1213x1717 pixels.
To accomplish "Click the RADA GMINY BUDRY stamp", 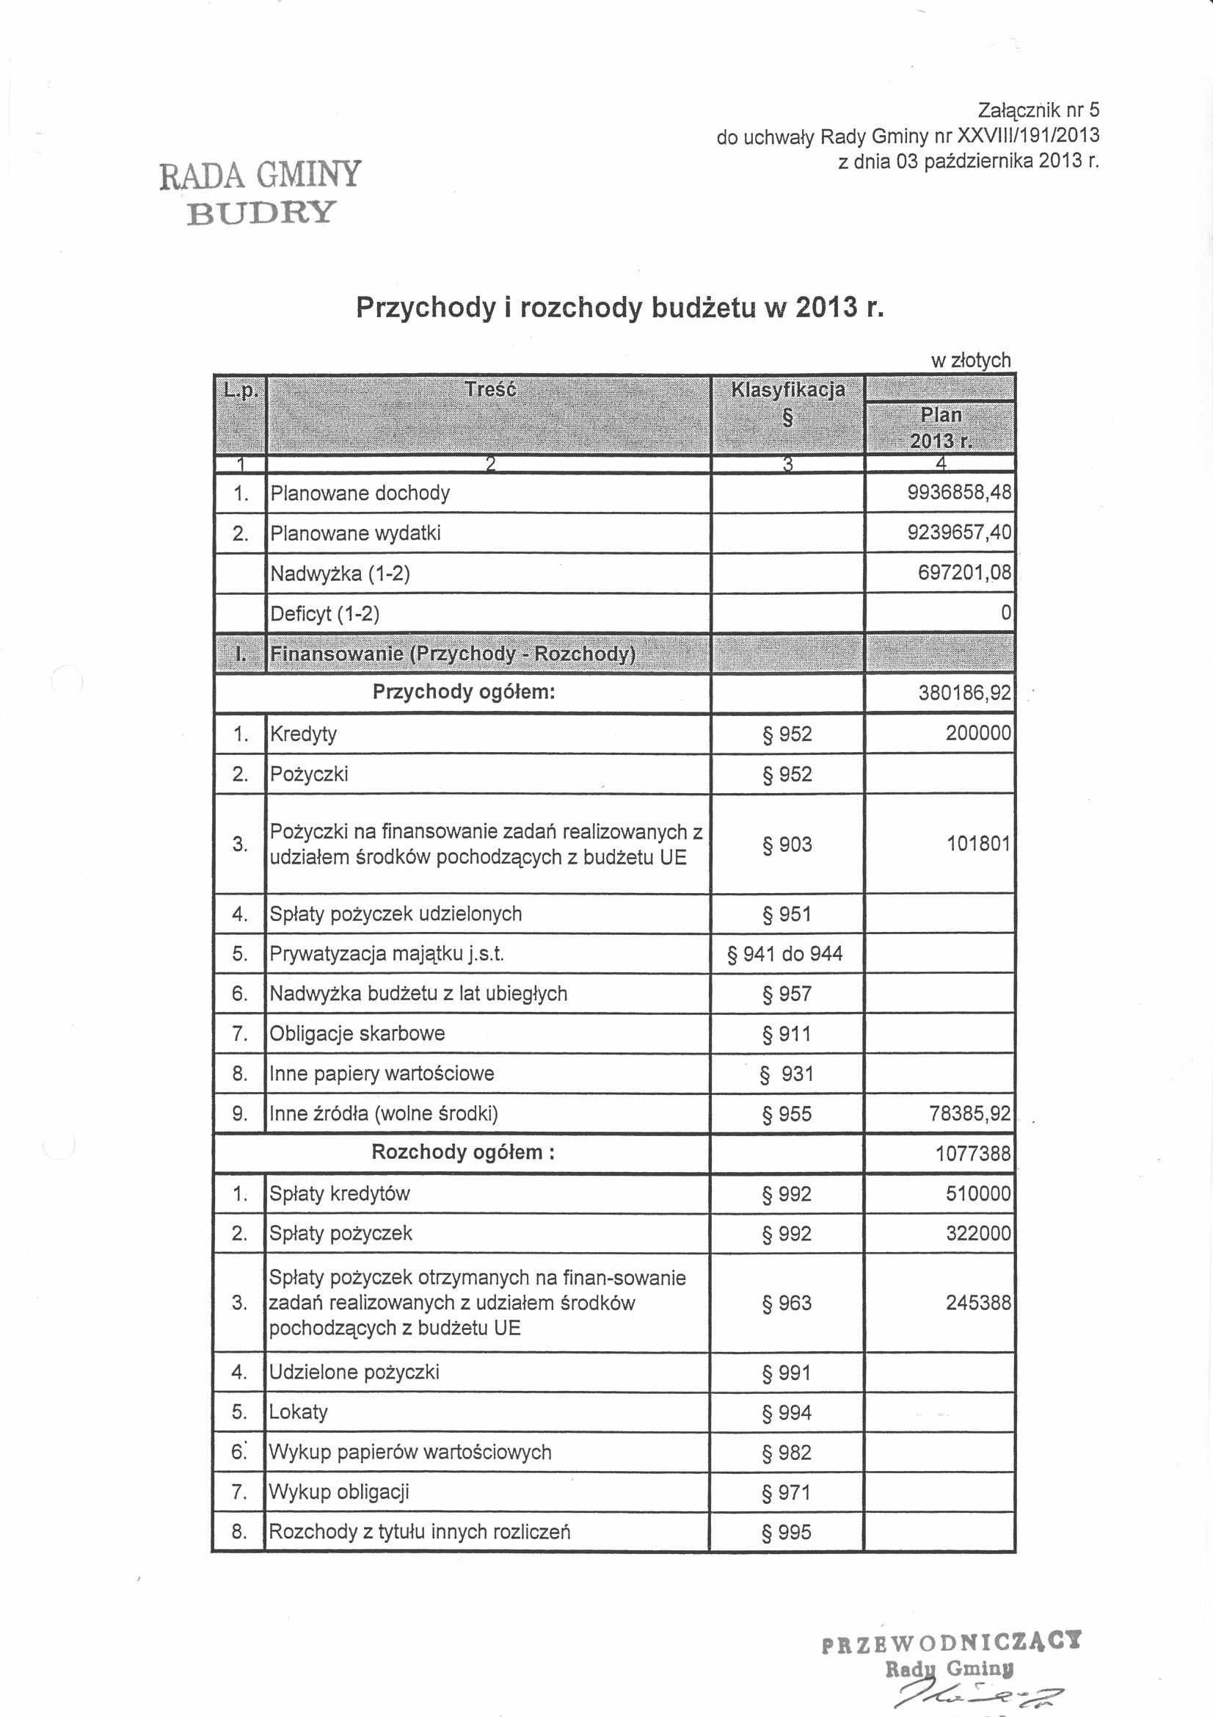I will [x=260, y=192].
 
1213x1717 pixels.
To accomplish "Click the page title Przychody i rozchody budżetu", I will [x=619, y=308].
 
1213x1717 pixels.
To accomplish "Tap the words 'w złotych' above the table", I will [x=970, y=361].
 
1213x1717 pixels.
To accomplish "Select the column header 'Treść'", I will [x=489, y=390].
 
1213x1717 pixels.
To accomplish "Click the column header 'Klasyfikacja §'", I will [x=787, y=402].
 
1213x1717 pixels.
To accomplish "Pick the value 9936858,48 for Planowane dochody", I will [x=959, y=493].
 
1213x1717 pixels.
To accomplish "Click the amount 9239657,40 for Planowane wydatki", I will [x=959, y=532].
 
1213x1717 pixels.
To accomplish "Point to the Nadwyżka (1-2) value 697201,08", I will [x=964, y=573].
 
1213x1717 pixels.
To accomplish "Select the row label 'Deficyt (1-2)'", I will [x=324, y=614].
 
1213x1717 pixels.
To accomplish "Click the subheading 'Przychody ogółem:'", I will [x=463, y=692].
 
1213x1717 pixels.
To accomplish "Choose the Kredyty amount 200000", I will [x=977, y=733].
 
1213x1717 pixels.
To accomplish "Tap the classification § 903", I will [x=787, y=845].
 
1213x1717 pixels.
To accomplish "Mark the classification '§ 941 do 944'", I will [x=784, y=953].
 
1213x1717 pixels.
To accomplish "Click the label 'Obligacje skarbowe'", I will [x=357, y=1033].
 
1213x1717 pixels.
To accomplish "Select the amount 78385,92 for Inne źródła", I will [x=969, y=1113].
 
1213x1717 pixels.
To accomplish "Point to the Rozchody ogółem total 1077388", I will [x=973, y=1153].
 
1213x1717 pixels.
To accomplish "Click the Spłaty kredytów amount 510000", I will [x=977, y=1193].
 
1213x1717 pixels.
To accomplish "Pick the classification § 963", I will [x=787, y=1303].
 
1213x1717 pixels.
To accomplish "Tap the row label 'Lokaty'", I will [x=298, y=1412].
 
